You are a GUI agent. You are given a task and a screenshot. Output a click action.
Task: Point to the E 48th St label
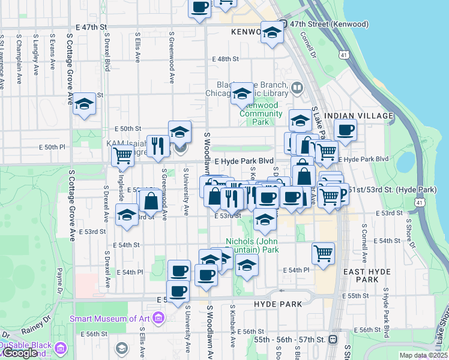(x=226, y=59)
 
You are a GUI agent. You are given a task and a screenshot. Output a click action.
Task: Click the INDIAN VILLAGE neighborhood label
(x=358, y=115)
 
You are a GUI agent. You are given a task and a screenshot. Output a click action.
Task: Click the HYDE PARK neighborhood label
(x=277, y=304)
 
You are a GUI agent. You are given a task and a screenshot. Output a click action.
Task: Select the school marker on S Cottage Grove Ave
(x=85, y=104)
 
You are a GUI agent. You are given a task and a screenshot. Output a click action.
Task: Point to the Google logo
(x=20, y=353)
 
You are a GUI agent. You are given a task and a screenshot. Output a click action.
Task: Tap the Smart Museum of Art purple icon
(x=158, y=317)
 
